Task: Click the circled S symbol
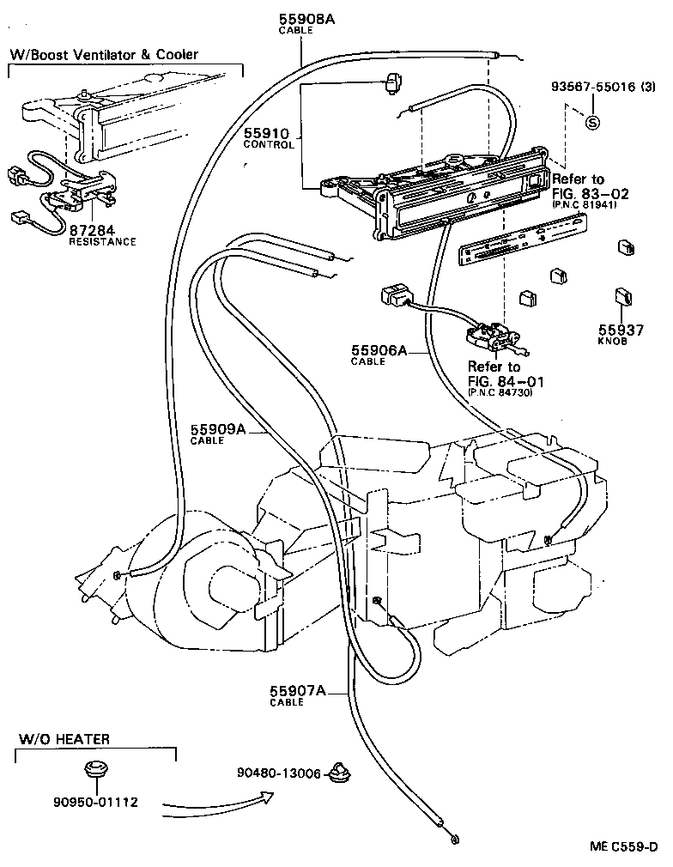point(591,122)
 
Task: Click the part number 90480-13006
point(279,773)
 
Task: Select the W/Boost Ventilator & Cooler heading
point(104,54)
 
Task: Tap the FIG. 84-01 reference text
point(505,380)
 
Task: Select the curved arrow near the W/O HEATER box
point(219,802)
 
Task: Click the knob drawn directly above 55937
point(623,298)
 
